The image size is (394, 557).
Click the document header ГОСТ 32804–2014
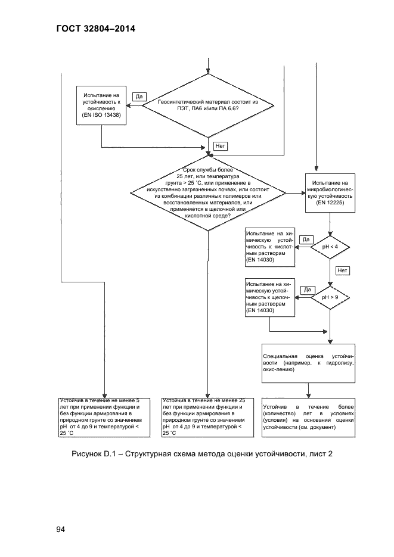[96, 29]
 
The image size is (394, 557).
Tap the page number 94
[61, 529]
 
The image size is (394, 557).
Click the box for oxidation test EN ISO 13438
[101, 105]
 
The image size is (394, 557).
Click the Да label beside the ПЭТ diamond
[139, 97]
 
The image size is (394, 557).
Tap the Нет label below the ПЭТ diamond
[221, 145]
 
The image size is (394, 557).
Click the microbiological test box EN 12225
[330, 193]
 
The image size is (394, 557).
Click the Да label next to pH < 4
[306, 240]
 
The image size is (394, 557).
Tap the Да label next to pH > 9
[308, 290]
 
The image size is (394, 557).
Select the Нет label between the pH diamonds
[343, 270]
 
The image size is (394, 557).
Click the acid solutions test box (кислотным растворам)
[270, 247]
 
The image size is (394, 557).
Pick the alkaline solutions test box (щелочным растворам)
[270, 297]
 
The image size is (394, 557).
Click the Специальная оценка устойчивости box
[308, 363]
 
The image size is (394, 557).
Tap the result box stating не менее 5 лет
[104, 418]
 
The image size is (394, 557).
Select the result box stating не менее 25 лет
[208, 418]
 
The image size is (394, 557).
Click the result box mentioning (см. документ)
[308, 418]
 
